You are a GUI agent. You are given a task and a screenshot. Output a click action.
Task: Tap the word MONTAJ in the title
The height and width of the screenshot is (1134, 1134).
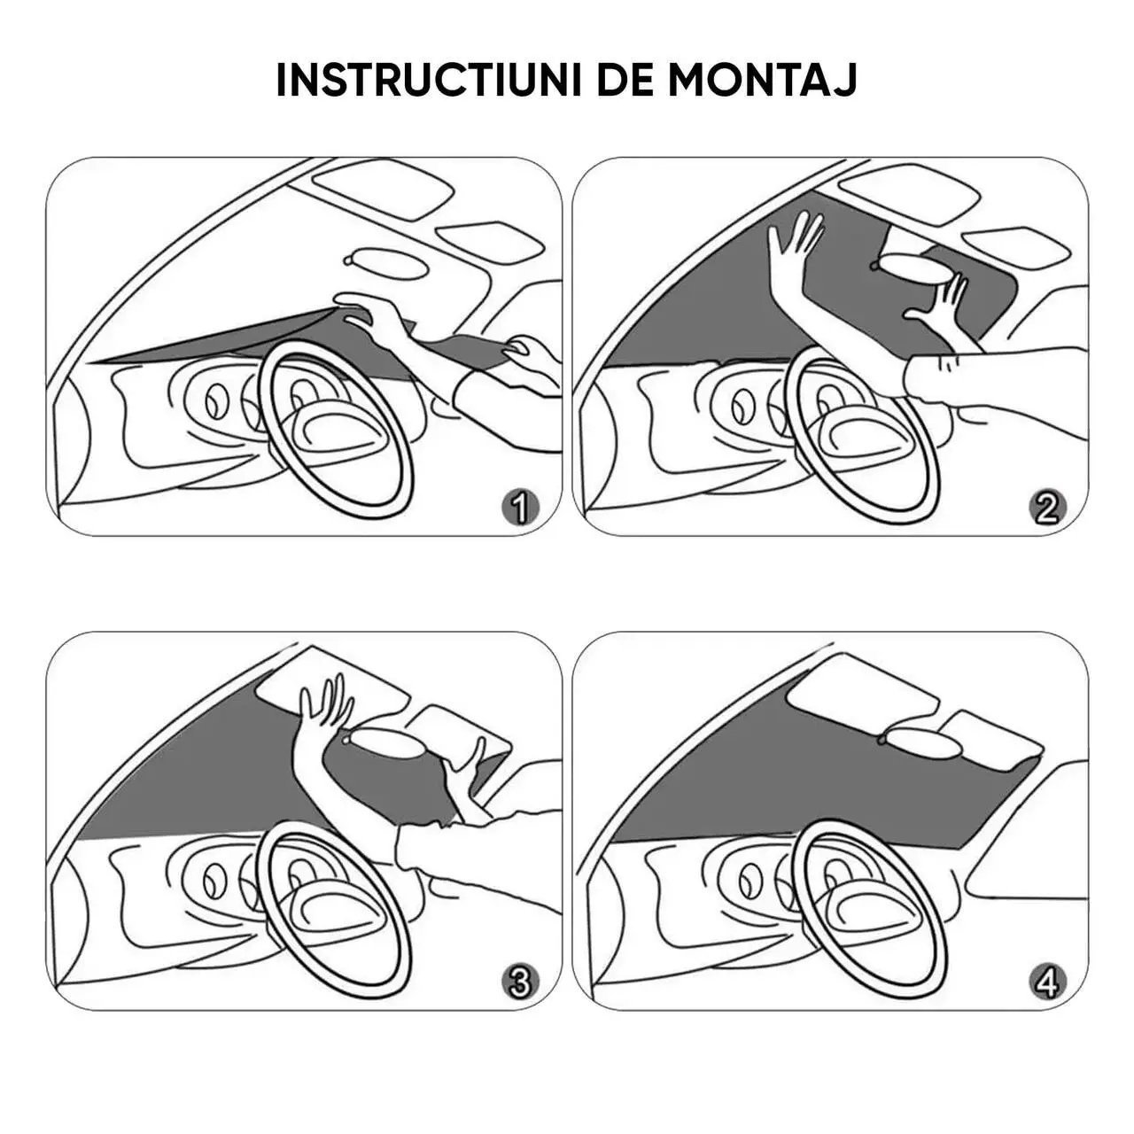point(762,79)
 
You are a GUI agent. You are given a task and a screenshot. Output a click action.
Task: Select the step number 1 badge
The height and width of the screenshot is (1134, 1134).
point(521,508)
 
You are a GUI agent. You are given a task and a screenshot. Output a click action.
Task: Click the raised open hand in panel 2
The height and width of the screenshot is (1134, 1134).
point(796,241)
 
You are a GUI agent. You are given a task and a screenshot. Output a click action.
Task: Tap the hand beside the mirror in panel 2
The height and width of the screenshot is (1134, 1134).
point(939,301)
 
